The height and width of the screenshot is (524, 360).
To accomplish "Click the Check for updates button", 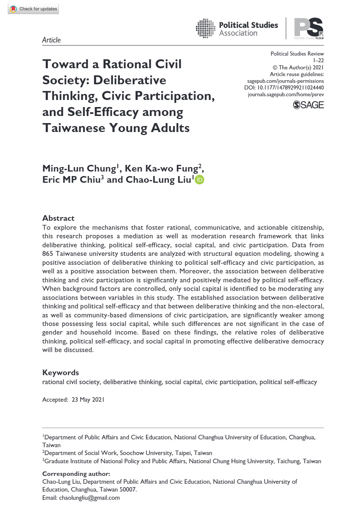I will (x=34, y=9).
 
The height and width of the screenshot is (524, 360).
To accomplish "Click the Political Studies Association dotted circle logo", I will (x=205, y=28).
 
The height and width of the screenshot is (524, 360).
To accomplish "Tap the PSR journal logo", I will (x=309, y=28).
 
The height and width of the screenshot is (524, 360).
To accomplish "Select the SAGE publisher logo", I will (x=308, y=105).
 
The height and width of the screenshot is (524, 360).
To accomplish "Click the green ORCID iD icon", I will (x=200, y=180).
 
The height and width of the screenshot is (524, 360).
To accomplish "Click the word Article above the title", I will (x=51, y=40).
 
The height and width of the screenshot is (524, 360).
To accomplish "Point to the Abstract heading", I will (x=58, y=218).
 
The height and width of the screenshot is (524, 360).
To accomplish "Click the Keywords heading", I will (x=60, y=373).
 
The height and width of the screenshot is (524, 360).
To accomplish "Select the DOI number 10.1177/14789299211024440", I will (x=290, y=88).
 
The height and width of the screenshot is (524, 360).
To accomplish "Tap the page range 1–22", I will (x=318, y=60).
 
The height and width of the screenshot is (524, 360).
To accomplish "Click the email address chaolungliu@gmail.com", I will (x=89, y=498).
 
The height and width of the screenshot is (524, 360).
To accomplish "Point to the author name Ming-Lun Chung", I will (x=79, y=169).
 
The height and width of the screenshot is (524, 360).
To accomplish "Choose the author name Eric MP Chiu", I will (x=71, y=180).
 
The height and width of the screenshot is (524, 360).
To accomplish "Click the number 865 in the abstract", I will (x=48, y=254).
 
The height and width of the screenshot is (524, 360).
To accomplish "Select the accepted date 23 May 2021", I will (x=88, y=399).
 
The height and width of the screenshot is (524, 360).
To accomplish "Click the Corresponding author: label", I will (x=76, y=474).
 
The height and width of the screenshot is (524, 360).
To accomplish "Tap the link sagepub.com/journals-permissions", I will (x=285, y=81).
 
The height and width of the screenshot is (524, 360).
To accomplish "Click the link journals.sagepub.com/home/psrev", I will (x=285, y=94).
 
